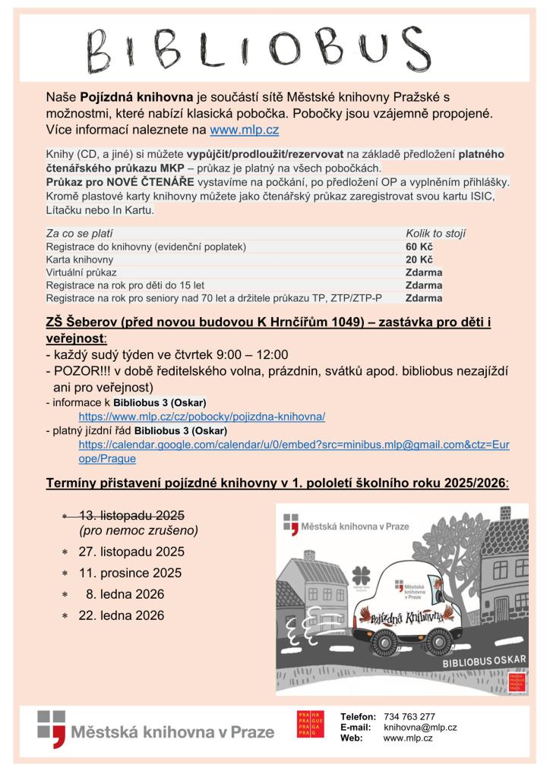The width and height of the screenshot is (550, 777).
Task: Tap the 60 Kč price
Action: point(419,247)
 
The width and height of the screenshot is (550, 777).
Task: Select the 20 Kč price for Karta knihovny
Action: point(419,260)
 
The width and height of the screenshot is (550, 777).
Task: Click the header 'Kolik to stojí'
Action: point(435,234)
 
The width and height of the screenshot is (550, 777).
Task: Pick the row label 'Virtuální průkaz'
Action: point(81,272)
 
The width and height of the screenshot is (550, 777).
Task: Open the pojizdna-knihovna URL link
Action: point(201,417)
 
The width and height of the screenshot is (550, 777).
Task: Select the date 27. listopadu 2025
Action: point(131,552)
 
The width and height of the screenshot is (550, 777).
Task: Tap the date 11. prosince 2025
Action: point(130,573)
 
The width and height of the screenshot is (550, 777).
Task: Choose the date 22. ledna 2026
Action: point(122,615)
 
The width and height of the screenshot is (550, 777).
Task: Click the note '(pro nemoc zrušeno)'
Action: point(138,530)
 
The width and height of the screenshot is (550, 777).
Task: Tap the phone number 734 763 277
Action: point(409,716)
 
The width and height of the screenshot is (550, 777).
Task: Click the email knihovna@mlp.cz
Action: point(420,727)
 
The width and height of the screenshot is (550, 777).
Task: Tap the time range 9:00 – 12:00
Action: point(250,354)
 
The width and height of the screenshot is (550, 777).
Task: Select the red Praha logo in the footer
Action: point(310,724)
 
